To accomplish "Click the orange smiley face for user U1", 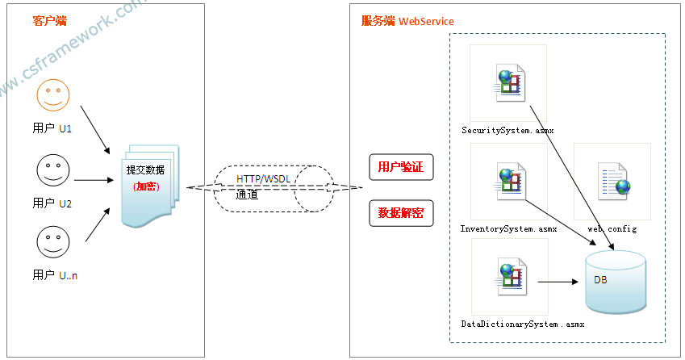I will (x=53, y=96).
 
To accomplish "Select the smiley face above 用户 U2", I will (x=53, y=170).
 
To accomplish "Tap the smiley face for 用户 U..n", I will (x=53, y=243).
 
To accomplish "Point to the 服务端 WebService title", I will (x=407, y=21).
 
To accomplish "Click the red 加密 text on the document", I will (x=146, y=186).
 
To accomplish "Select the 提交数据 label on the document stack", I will (x=145, y=170).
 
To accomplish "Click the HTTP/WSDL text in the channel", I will (x=261, y=178).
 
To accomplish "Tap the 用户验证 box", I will (x=401, y=167).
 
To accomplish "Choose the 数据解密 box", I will (x=401, y=213).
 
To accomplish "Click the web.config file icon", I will (x=612, y=182).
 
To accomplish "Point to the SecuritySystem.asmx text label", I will (x=507, y=130).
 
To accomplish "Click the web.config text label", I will (x=612, y=228).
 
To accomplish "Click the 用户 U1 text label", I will (x=52, y=128).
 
